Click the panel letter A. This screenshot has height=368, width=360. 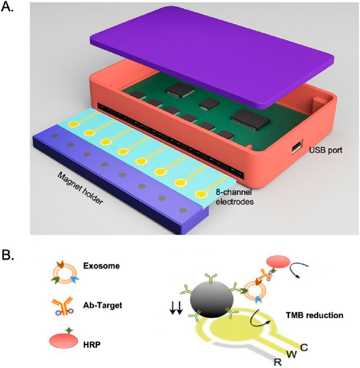pos(9,9)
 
